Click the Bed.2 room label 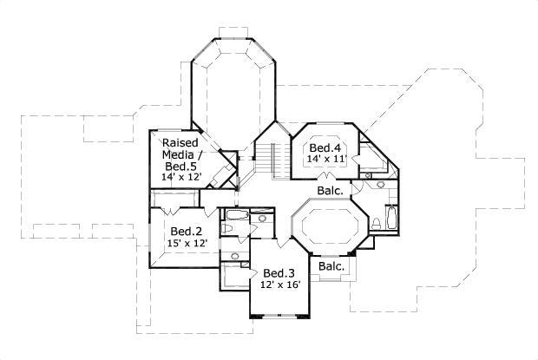pos(186,232)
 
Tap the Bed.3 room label pos(279,273)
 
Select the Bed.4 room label pos(325,147)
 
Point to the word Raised pos(180,142)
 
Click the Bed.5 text pos(180,167)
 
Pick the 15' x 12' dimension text pos(187,243)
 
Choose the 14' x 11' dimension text pos(327,159)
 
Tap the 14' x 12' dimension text pos(180,177)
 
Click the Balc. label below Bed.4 pos(330,191)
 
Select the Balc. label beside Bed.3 pos(331,266)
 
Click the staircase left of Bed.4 pos(272,160)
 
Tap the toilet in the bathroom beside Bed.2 pos(226,227)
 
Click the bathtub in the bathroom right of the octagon pos(391,218)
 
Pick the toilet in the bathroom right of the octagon pos(376,224)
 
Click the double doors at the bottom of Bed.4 pos(325,175)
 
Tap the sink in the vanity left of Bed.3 pos(235,256)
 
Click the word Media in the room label pos(180,154)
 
